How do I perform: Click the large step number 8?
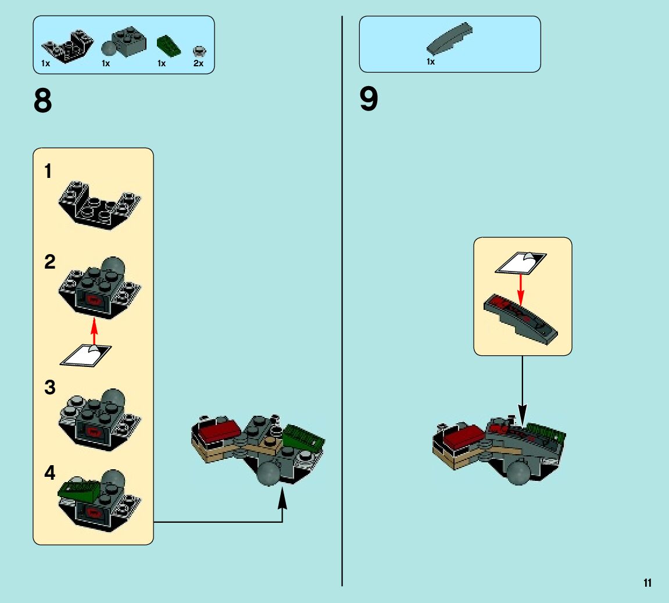(43, 101)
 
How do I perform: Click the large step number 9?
(369, 99)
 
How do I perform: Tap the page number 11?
(647, 583)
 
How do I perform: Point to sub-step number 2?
(50, 262)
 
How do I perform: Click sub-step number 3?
(50, 387)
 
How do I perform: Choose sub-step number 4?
(50, 473)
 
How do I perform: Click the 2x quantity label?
(198, 63)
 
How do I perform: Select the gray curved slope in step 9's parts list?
(449, 40)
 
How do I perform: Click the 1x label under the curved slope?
(431, 62)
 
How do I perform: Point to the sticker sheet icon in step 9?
(520, 262)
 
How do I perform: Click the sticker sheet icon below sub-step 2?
(86, 354)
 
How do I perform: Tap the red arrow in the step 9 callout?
(521, 287)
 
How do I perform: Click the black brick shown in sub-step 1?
(100, 205)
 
